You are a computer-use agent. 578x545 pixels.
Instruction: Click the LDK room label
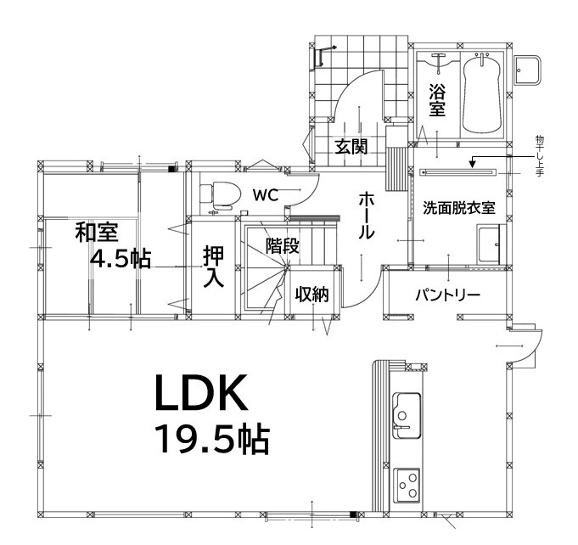coord(200,394)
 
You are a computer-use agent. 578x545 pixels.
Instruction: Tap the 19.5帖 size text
coord(211,440)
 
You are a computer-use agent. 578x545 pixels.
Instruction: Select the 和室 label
coord(96,232)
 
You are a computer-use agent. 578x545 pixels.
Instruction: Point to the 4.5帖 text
coord(120,260)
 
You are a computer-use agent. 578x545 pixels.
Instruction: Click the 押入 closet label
coord(213,267)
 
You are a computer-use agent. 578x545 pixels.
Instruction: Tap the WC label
coord(266,194)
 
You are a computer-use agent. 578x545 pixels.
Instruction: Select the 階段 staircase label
coord(283,246)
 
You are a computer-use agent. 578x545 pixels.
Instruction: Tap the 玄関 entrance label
coord(351,146)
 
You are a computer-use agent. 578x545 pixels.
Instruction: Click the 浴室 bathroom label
coord(437,99)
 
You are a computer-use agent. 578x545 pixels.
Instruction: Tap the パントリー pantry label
coord(447,295)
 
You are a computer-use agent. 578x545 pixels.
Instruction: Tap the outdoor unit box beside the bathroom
coord(530,70)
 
